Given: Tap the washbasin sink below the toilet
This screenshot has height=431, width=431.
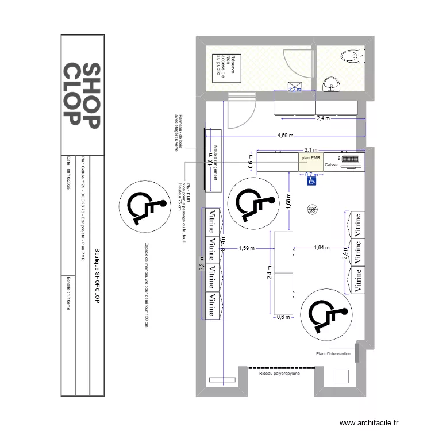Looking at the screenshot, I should [x=330, y=84].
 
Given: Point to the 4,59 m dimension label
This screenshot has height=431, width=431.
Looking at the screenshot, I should [x=285, y=136].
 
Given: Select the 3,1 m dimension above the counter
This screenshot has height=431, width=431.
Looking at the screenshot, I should [x=311, y=149].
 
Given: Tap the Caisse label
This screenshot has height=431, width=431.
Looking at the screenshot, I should [x=331, y=165].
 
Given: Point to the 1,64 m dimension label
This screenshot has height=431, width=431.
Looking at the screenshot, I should [x=322, y=248].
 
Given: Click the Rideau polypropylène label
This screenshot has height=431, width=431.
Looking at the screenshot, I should [x=279, y=374].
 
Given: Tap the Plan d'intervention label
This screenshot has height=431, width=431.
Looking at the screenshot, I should [x=333, y=354].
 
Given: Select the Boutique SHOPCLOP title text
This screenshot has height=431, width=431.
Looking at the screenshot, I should [x=97, y=275].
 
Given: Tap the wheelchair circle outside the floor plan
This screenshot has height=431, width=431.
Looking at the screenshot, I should [x=145, y=206].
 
